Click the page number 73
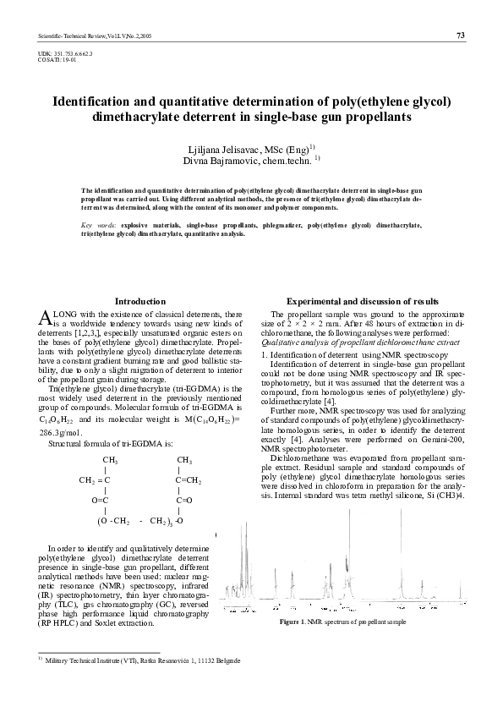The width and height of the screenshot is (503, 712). point(461,35)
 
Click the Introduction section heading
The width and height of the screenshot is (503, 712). point(140,301)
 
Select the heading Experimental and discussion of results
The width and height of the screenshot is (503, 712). point(363,301)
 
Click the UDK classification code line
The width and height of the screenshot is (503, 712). point(65,53)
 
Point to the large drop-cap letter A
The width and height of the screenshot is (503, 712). point(46,317)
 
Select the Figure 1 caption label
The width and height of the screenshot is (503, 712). point(290,622)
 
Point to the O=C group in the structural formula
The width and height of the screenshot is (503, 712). point(104,500)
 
